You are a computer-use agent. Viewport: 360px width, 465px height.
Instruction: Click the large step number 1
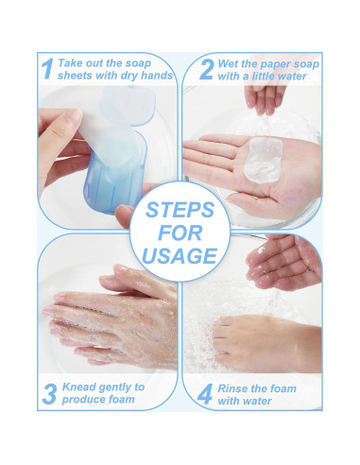click(x=47, y=69)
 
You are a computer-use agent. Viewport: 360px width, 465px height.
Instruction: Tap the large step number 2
click(x=207, y=69)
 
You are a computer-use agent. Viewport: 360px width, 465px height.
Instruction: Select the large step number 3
click(x=49, y=394)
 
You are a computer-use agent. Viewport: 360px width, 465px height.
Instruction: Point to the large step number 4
click(x=205, y=394)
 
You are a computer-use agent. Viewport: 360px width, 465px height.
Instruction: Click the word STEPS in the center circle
click(x=180, y=210)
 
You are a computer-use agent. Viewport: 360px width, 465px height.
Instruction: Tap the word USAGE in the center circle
click(x=180, y=255)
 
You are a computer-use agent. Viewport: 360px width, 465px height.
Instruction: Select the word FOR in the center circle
click(x=180, y=232)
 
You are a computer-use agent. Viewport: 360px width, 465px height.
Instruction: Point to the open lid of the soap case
click(x=129, y=105)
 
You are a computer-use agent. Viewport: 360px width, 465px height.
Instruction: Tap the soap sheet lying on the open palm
click(x=263, y=160)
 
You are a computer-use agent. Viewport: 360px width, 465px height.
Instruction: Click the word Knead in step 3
click(x=77, y=387)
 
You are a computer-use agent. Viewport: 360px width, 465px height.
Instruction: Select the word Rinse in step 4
click(x=231, y=388)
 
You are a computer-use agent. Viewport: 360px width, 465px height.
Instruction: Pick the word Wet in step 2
click(x=227, y=64)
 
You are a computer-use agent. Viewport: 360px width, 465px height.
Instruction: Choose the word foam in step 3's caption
click(x=122, y=399)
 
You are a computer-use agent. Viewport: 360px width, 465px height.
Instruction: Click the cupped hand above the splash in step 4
click(x=283, y=263)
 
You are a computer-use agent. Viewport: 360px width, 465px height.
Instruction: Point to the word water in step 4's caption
click(x=257, y=401)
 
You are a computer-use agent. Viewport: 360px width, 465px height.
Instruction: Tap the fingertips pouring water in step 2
click(x=265, y=100)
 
